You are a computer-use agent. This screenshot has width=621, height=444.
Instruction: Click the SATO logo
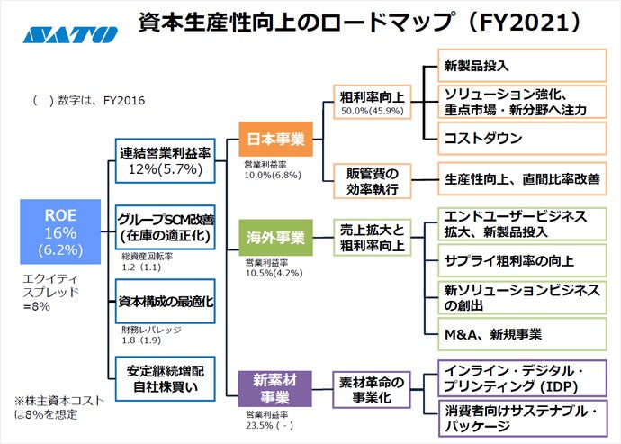70,35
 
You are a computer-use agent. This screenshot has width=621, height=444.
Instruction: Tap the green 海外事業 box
275,239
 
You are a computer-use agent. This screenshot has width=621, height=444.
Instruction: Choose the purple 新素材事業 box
275,388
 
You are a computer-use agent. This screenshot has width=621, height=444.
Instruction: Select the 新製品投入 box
519,66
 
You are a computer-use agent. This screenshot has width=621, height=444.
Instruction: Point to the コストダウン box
519,139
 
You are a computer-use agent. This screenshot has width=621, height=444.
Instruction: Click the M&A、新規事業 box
519,334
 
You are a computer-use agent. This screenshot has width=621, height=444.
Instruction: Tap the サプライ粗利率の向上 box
519,261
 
